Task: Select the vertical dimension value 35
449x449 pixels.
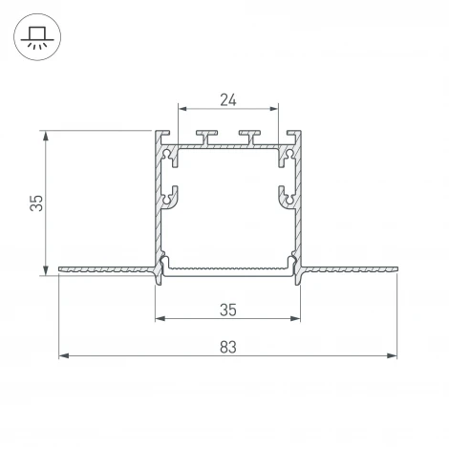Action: click(34, 203)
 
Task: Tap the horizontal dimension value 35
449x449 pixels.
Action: click(226, 310)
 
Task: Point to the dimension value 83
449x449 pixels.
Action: click(227, 346)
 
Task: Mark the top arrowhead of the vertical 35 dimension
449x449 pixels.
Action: click(45, 135)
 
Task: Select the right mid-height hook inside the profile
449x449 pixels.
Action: click(284, 197)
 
